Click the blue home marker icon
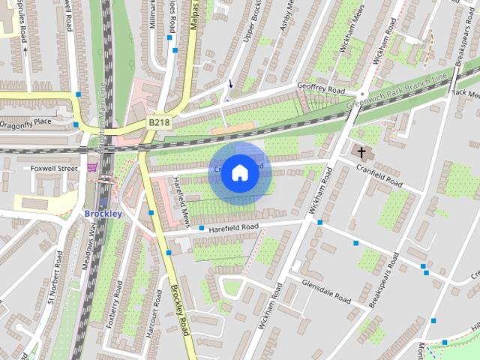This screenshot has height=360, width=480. (x=239, y=173)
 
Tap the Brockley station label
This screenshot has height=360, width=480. (x=103, y=214)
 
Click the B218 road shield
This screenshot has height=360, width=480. (x=158, y=121)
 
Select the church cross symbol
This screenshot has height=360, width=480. (x=361, y=153)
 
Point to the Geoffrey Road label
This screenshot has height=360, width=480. (x=320, y=89)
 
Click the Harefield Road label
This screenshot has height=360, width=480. (x=233, y=226)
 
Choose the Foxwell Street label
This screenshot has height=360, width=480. (x=54, y=169)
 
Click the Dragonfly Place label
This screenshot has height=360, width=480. (x=26, y=121)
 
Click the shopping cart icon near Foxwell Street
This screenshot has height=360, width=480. (x=93, y=167)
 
